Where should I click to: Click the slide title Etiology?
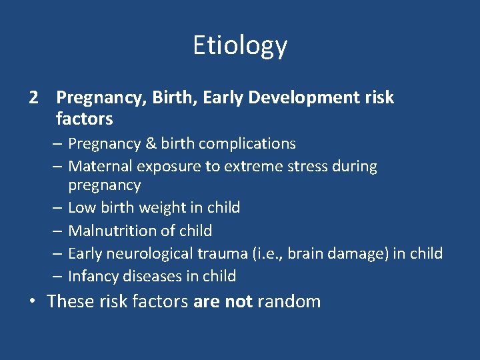pyautogui.click(x=240, y=45)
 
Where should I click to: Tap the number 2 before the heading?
pyautogui.click(x=34, y=98)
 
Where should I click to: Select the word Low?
pyautogui.click(x=82, y=208)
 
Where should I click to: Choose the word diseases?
pyautogui.click(x=145, y=276)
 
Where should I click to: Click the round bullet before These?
pyautogui.click(x=33, y=301)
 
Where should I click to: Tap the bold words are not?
pyautogui.click(x=223, y=301)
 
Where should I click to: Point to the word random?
pyautogui.click(x=289, y=301)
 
